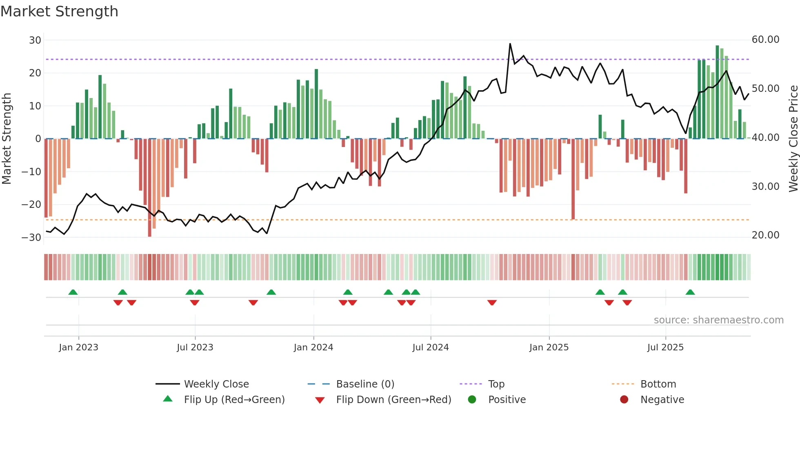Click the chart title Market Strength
[59, 11]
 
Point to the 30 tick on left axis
[35, 40]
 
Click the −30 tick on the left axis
[32, 238]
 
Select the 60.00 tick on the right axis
[765, 40]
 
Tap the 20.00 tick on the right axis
[765, 235]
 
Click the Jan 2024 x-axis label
[313, 348]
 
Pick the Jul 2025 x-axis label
[665, 348]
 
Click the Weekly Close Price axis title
[793, 138]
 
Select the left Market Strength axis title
[7, 138]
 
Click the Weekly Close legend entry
[216, 384]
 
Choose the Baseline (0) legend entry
[365, 384]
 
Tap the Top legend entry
[496, 384]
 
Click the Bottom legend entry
[658, 384]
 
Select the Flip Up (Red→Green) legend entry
[234, 400]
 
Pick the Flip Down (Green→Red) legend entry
[393, 400]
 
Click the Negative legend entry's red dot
[624, 400]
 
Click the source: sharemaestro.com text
[718, 320]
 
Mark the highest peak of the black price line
[510, 44]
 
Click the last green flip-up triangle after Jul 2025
[690, 292]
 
